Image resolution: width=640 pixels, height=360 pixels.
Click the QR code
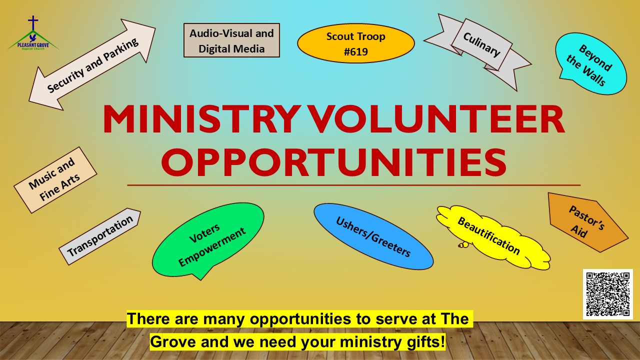pyautogui.click(x=607, y=294)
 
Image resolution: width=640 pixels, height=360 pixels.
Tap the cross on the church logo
pyautogui.click(x=33, y=22)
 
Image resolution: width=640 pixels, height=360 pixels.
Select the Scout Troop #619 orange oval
pyautogui.click(x=355, y=43)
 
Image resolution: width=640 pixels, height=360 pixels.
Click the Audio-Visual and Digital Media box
pyautogui.click(x=231, y=40)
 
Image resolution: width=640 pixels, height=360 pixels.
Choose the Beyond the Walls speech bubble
pyautogui.click(x=591, y=64)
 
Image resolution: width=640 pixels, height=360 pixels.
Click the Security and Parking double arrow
pyautogui.click(x=92, y=64)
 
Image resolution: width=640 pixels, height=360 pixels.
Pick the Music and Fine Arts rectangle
pyautogui.click(x=55, y=180)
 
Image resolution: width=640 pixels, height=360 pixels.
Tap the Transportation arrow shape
pyautogui.click(x=99, y=236)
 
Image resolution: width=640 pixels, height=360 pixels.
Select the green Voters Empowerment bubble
pyautogui.click(x=208, y=240)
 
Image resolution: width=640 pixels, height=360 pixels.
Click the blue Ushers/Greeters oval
pyautogui.click(x=373, y=236)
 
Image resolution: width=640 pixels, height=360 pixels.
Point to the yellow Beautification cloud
pyautogui.click(x=493, y=237)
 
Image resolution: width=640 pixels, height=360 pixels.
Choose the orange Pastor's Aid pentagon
pyautogui.click(x=587, y=222)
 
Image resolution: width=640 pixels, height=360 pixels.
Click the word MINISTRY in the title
pyautogui.click(x=200, y=119)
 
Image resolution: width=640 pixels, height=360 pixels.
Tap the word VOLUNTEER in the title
pyautogui.click(x=434, y=119)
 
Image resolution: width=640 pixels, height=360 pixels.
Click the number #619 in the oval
pyautogui.click(x=355, y=51)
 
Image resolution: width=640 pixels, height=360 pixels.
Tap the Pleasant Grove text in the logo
pyautogui.click(x=33, y=45)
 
